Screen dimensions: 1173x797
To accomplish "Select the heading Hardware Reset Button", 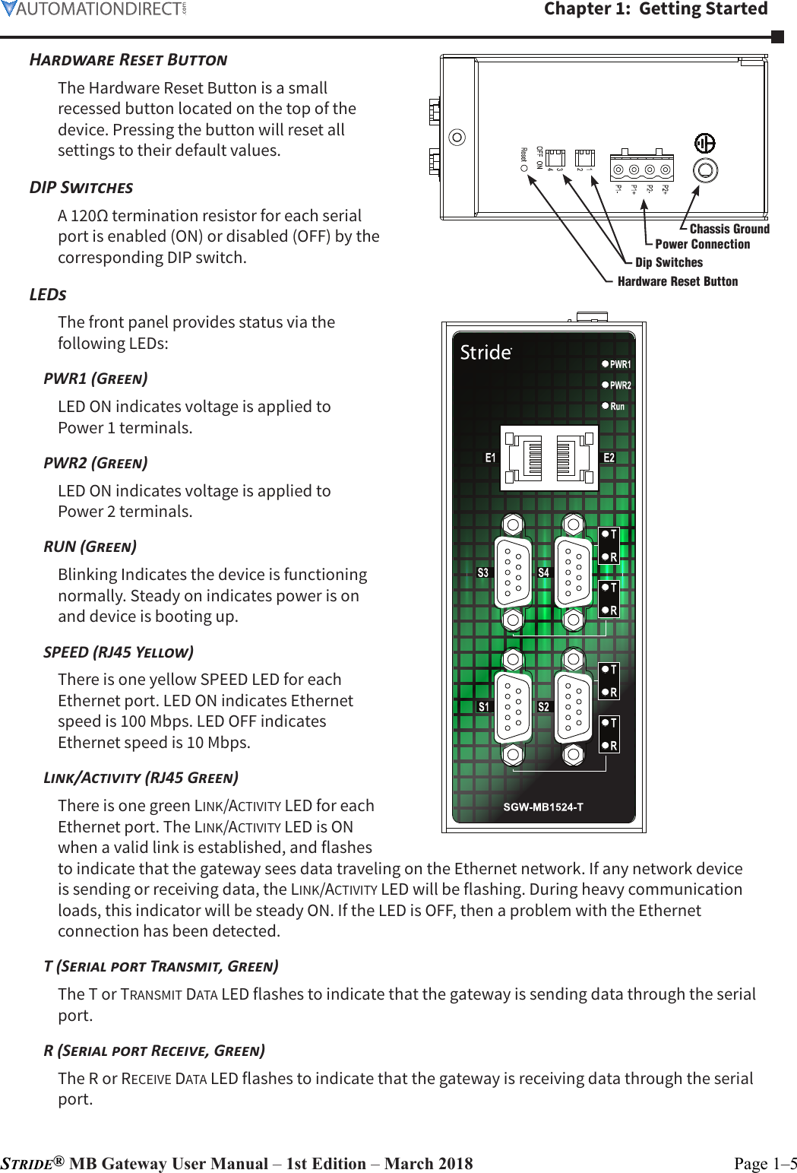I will pyautogui.click(x=128, y=60).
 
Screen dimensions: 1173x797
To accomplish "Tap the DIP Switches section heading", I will pyautogui.click(x=81, y=188).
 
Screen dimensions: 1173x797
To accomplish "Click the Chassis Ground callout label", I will pyautogui.click(x=729, y=229).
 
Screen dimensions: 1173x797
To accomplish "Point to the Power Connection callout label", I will pyautogui.click(x=702, y=244).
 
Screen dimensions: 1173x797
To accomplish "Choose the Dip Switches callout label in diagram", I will pyautogui.click(x=669, y=262).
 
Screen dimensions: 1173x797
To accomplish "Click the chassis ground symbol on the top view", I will pyautogui.click(x=705, y=143).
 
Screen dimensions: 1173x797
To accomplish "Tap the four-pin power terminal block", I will pyautogui.click(x=642, y=170).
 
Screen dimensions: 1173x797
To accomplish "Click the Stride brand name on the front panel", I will pyautogui.click(x=485, y=353).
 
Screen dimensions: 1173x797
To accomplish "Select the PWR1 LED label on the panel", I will pyautogui.click(x=620, y=364).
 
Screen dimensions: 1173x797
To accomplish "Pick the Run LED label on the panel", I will pyautogui.click(x=617, y=407).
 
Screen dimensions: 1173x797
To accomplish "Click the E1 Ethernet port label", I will pyautogui.click(x=490, y=458).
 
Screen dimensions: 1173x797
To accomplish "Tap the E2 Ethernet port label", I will pyautogui.click(x=609, y=458).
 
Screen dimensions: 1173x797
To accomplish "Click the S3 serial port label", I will pyautogui.click(x=483, y=572).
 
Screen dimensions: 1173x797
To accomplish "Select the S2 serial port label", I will pyautogui.click(x=543, y=707).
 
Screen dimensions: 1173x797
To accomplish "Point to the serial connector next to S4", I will pyautogui.click(x=574, y=572).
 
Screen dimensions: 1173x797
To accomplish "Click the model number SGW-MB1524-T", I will pyautogui.click(x=543, y=807).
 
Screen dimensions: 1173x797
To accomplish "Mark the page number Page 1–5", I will pyautogui.click(x=765, y=1163).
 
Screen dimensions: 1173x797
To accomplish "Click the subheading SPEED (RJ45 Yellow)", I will pyautogui.click(x=119, y=652).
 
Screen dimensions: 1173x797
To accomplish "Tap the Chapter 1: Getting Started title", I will pyautogui.click(x=656, y=9).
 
